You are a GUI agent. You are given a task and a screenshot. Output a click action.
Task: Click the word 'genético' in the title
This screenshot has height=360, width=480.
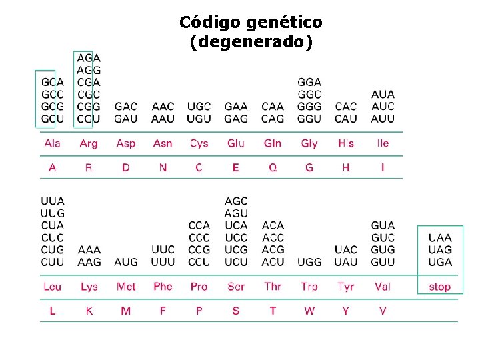pyautogui.click(x=284, y=23)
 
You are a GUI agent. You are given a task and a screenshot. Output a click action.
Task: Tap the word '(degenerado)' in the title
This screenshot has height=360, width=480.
pyautogui.click(x=250, y=43)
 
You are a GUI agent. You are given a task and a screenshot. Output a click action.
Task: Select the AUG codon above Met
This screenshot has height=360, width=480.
pyautogui.click(x=126, y=262)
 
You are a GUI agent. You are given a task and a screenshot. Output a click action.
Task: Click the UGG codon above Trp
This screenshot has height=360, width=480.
pyautogui.click(x=309, y=262)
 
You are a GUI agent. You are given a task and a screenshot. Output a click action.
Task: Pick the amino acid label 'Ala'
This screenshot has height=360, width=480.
pyautogui.click(x=52, y=143)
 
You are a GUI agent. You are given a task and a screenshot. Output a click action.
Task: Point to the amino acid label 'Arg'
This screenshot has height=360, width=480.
pyautogui.click(x=89, y=143)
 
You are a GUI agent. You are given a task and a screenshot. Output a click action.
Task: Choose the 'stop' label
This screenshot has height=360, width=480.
pyautogui.click(x=440, y=287)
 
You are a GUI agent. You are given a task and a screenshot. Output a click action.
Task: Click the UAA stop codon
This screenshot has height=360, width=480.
pyautogui.click(x=440, y=237)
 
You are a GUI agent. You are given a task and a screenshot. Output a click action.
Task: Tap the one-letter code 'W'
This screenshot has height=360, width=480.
pyautogui.click(x=309, y=311)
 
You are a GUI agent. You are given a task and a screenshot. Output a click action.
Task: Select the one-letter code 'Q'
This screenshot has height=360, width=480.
pyautogui.click(x=273, y=167)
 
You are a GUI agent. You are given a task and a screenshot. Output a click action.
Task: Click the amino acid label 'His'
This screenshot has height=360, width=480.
pyautogui.click(x=345, y=143)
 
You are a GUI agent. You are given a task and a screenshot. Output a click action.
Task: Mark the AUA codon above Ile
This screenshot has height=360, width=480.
pyautogui.click(x=383, y=95)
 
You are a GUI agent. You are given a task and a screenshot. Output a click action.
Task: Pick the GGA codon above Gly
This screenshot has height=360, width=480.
pyautogui.click(x=309, y=82)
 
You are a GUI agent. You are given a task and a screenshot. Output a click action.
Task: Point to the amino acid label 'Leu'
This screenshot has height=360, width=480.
pyautogui.click(x=52, y=287)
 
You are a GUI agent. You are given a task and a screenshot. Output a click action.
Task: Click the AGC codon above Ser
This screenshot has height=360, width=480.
pyautogui.click(x=236, y=201)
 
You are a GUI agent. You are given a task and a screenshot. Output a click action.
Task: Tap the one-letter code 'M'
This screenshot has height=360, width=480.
pyautogui.click(x=126, y=311)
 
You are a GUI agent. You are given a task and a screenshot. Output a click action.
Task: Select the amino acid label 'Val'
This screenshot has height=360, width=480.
pyautogui.click(x=383, y=287)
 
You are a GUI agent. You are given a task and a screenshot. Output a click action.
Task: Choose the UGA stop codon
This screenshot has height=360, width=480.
pyautogui.click(x=440, y=262)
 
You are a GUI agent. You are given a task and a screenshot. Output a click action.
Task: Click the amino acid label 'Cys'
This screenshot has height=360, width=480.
pyautogui.click(x=199, y=143)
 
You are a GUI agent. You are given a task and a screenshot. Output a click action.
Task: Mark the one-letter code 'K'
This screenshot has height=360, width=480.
pyautogui.click(x=89, y=311)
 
